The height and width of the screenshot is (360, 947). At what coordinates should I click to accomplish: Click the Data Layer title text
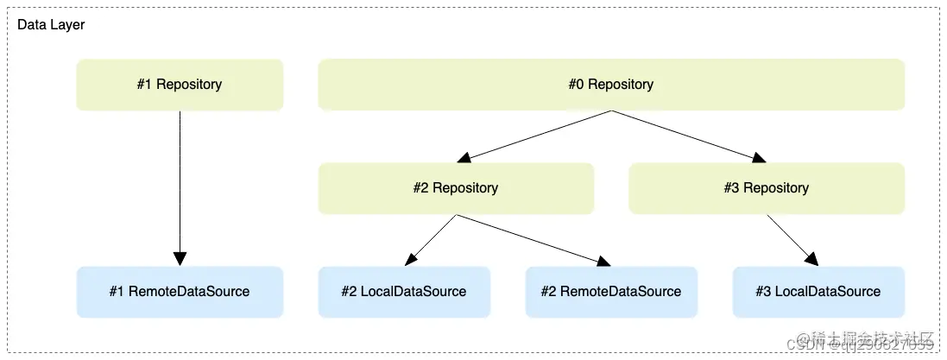[x=51, y=25]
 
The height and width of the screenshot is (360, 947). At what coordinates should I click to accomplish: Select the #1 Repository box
[x=180, y=85]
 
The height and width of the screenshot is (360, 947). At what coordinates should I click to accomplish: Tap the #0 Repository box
[x=610, y=85]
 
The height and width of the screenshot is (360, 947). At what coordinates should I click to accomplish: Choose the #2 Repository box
[x=456, y=188]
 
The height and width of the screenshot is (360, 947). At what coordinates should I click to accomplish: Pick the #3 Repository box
[x=766, y=188]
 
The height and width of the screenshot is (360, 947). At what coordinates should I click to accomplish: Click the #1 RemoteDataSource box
[x=180, y=292]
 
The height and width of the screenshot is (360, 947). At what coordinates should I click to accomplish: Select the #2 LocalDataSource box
[x=404, y=292]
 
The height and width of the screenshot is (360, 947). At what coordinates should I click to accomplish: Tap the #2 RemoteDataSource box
[x=611, y=292]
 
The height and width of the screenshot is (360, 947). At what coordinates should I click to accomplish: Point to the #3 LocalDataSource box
[x=818, y=292]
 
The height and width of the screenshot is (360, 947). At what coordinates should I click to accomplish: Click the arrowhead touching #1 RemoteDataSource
[x=180, y=259]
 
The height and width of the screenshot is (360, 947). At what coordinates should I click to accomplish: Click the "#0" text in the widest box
[x=576, y=85]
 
